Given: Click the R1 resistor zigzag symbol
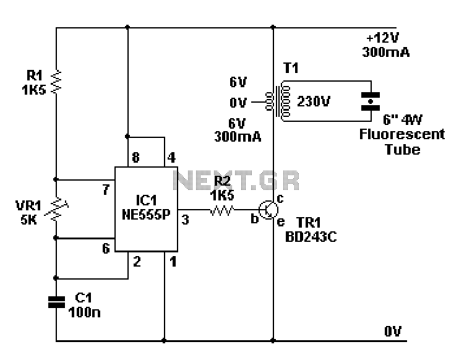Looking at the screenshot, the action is [x=56, y=81].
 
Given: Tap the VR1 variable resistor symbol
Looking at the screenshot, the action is [x=56, y=208].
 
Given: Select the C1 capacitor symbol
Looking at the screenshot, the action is [x=56, y=302].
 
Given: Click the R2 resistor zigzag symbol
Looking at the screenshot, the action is [x=222, y=210].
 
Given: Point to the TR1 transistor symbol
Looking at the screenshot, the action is [x=268, y=210].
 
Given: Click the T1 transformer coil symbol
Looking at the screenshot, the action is [x=278, y=101].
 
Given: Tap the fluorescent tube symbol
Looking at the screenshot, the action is [x=371, y=101].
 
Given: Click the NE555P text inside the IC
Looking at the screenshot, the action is [x=146, y=214].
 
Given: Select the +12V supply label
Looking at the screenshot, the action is [x=382, y=38].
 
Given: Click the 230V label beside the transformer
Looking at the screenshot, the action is [x=314, y=101].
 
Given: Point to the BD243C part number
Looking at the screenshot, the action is [x=311, y=237].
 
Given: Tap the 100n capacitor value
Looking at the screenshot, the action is [x=84, y=312].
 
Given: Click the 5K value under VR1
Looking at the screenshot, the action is [x=28, y=220].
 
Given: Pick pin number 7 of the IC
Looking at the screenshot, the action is [x=106, y=190].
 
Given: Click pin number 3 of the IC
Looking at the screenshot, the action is [x=185, y=220].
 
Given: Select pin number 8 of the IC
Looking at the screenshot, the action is [x=135, y=157].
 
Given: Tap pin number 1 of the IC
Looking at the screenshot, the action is [x=173, y=261].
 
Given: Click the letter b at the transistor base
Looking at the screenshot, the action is [x=255, y=219].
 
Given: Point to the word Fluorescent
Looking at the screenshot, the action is [x=402, y=134].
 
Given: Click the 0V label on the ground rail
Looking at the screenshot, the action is [x=393, y=331].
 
